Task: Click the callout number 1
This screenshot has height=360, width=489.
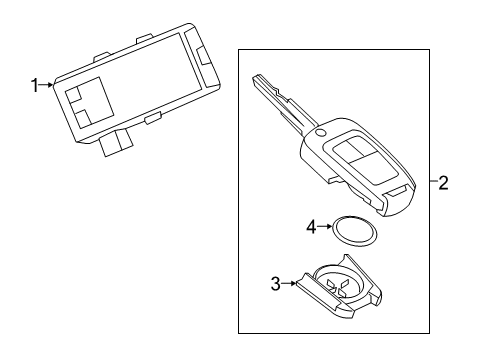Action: (34, 87)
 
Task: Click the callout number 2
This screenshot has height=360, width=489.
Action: (443, 182)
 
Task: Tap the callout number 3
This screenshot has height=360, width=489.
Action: (275, 283)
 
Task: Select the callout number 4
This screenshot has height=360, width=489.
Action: (312, 227)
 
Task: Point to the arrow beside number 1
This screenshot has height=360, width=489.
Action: (46, 87)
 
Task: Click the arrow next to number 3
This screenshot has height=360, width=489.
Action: (289, 283)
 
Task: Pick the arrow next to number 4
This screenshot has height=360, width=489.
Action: (326, 227)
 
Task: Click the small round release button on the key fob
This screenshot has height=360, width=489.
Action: (319, 134)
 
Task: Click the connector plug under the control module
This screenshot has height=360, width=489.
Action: (120, 142)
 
